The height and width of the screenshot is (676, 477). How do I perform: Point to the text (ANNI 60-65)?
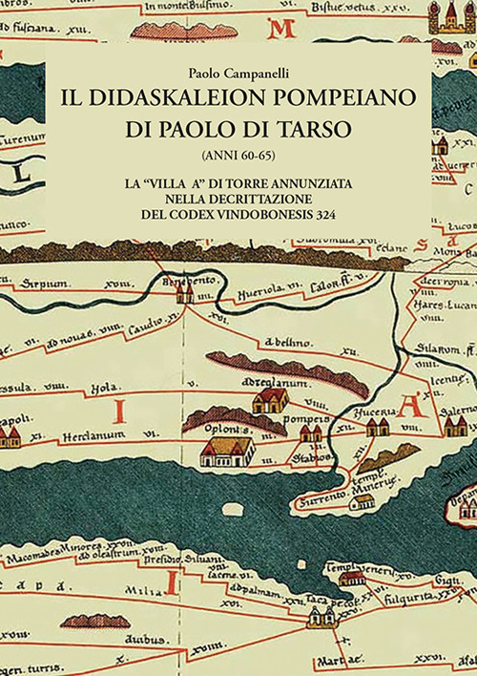coord(238,153)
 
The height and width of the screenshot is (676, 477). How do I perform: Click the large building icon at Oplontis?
coord(227,449)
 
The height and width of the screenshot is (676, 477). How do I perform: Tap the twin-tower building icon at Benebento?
coord(184,293)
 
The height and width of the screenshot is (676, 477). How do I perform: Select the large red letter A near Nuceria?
coord(412,406)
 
